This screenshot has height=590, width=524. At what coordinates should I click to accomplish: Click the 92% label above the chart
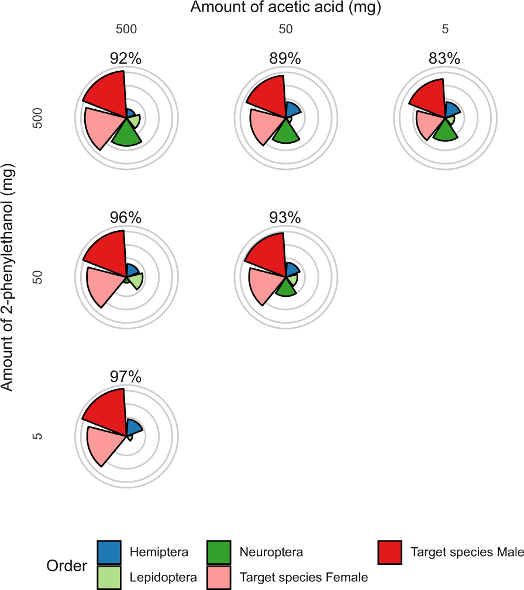pos(126,59)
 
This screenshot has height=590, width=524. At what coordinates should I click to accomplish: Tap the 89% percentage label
pos(285,59)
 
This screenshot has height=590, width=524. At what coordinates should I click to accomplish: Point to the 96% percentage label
pos(126,218)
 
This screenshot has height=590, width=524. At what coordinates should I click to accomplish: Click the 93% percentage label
pos(285,218)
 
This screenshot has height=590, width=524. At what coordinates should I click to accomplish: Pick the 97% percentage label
pos(126,377)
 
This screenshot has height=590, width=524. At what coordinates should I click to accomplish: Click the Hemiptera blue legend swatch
pos(109,553)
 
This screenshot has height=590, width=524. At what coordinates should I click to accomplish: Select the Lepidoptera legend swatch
pos(109,577)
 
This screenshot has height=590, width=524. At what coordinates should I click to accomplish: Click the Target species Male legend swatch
pos(390,553)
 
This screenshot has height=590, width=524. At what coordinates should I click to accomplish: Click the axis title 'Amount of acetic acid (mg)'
pos(285,8)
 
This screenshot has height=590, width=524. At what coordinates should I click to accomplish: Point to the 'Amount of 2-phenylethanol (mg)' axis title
pos(8,277)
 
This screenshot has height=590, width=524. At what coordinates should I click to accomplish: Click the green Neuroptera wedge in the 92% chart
pos(126,136)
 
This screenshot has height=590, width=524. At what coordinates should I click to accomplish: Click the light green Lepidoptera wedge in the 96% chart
pos(136,281)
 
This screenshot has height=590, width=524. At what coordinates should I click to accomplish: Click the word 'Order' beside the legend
pos(67,566)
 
